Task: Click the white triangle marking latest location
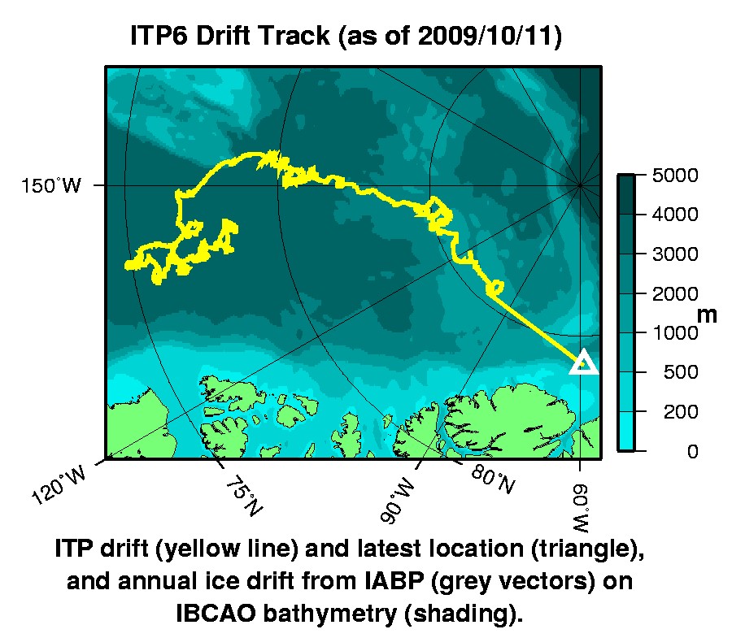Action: (x=583, y=362)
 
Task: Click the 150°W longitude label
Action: (x=50, y=186)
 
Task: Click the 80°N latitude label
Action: (x=494, y=480)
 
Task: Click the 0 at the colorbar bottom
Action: (x=692, y=452)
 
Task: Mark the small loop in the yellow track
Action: (x=494, y=287)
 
